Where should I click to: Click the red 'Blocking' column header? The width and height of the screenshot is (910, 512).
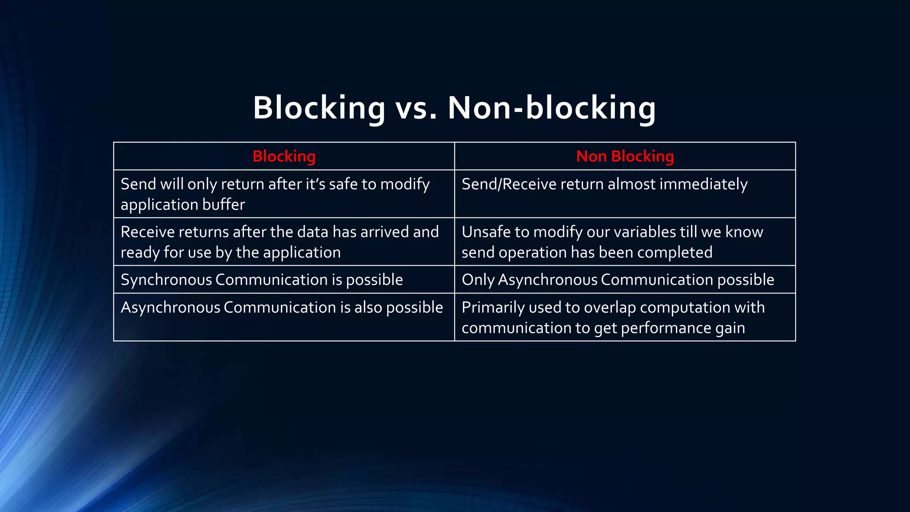pos(284,156)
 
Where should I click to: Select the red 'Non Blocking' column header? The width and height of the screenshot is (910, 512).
pos(625,156)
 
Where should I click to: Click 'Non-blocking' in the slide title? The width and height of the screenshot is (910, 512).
pos(551,108)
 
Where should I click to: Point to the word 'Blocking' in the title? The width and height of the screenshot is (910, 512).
pos(319,108)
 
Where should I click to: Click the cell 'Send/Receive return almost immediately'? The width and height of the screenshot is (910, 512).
pos(604,184)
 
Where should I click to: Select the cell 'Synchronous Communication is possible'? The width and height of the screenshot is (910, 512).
pos(262,280)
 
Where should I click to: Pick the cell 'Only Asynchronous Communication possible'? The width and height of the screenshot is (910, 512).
pos(618,280)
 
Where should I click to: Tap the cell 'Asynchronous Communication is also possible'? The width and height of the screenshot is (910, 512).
pos(282,307)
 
